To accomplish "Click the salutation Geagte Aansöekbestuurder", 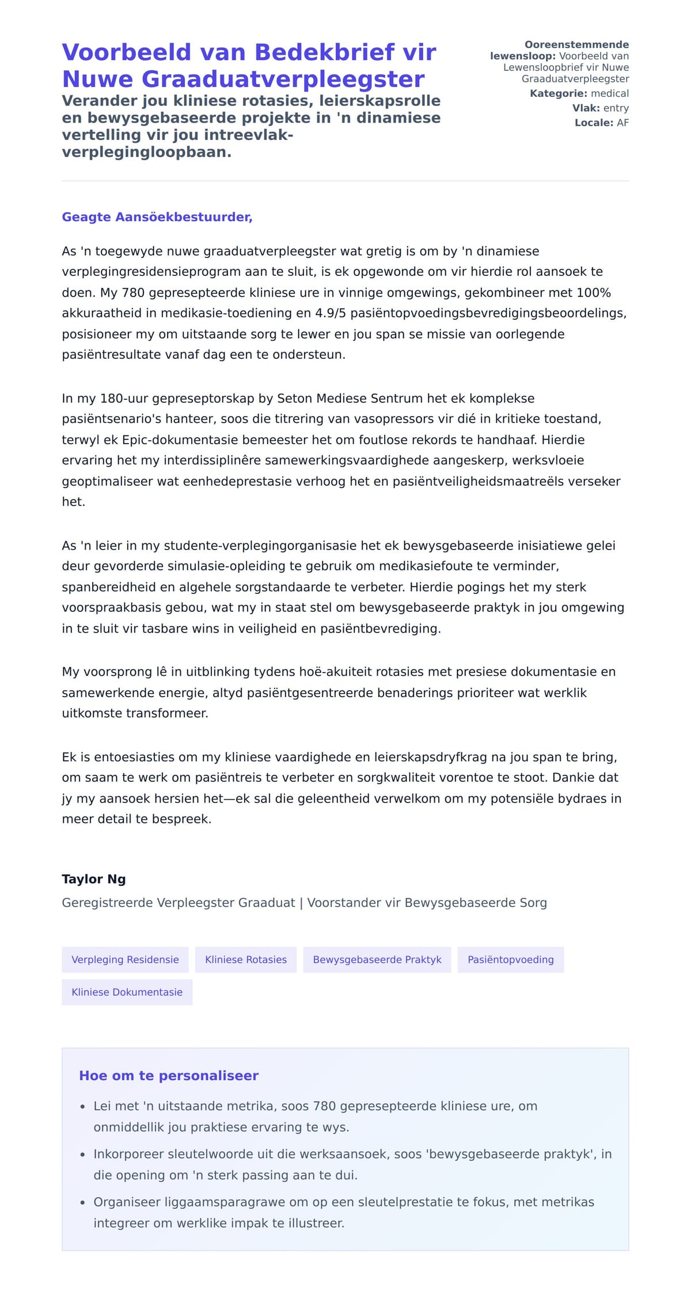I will point(157,217).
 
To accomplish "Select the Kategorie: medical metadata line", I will point(579,93).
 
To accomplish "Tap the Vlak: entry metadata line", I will point(600,108).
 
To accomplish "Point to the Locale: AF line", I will point(601,123).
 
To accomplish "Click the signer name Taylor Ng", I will point(94,879).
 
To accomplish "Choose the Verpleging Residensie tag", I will point(125,960).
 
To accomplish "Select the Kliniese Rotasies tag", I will point(246,960).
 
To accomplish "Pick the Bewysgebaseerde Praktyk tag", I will point(377,960).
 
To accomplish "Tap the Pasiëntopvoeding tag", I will point(510,960).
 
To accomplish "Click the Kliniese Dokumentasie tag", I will point(127,992).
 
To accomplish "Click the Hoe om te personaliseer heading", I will point(169,1076).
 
